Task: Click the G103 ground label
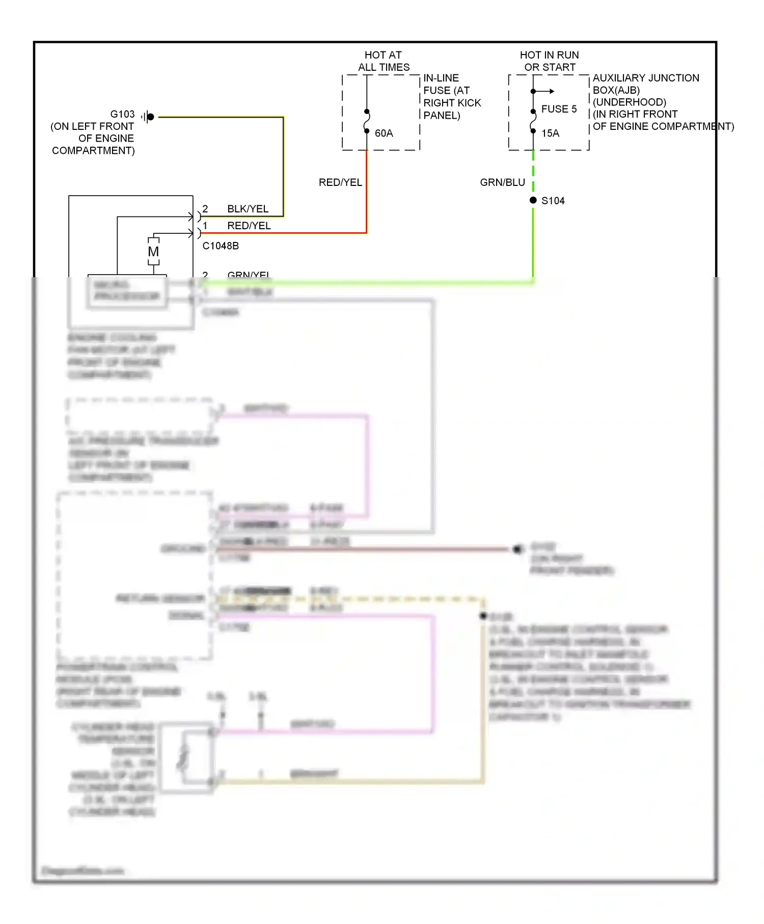coord(122,114)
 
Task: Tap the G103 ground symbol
coord(148,117)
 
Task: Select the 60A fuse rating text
coord(384,133)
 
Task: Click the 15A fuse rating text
coord(550,133)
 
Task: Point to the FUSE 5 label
coord(559,109)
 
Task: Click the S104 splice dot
coord(533,200)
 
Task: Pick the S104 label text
coord(553,201)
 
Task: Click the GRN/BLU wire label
coord(502,182)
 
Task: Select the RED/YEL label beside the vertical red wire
coord(340,182)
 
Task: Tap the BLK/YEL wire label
coord(248,209)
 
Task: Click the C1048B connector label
coord(221,246)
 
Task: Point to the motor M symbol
coord(153,252)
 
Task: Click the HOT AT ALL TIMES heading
coord(384,61)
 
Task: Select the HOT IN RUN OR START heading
coord(550,61)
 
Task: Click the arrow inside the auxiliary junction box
coord(545,91)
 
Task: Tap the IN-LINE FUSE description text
coord(451,97)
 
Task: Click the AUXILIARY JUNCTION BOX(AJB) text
coord(645,84)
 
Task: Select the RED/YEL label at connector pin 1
coord(249,226)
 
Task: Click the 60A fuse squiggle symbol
coord(367,121)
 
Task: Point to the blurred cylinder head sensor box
coord(186,757)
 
